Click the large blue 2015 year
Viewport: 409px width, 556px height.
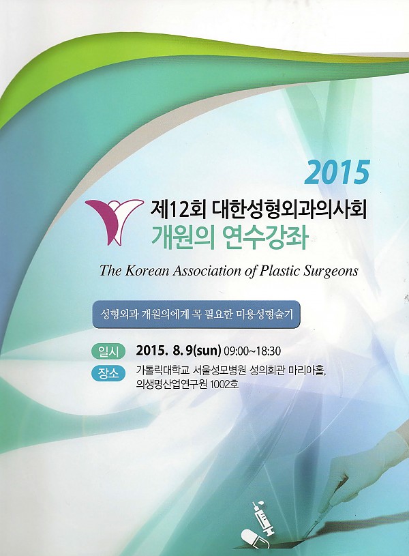pyautogui.click(x=337, y=173)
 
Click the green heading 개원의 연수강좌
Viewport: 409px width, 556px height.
pyautogui.click(x=230, y=237)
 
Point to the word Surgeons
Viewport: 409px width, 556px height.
pyautogui.click(x=331, y=272)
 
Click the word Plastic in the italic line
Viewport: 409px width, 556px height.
pyautogui.click(x=280, y=271)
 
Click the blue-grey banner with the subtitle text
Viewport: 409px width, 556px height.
pyautogui.click(x=196, y=314)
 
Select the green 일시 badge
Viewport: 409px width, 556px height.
pyautogui.click(x=108, y=351)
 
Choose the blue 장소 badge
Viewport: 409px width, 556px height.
pyautogui.click(x=108, y=373)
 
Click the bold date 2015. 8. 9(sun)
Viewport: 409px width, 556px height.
pyautogui.click(x=179, y=351)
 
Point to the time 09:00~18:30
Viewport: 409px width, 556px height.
pyautogui.click(x=252, y=351)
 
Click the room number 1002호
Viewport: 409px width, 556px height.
pyautogui.click(x=224, y=384)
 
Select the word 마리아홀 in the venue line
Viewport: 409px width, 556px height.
pyautogui.click(x=307, y=370)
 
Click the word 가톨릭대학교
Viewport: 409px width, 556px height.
pyautogui.click(x=163, y=370)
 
